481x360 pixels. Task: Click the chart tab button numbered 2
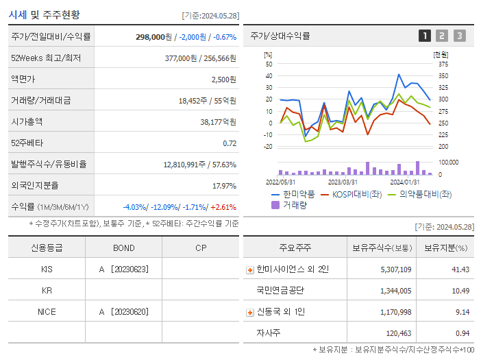442,36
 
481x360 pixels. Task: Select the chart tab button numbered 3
459,36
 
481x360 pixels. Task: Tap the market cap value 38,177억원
218,121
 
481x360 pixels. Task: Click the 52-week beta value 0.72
230,143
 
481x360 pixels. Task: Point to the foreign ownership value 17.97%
224,185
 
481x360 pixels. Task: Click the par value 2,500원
223,79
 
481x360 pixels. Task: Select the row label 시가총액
27,121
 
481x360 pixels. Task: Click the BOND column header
124,248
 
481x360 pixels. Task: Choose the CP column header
201,248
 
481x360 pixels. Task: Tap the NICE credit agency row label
47,311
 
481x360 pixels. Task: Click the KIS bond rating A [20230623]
124,269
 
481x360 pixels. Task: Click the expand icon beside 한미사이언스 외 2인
250,269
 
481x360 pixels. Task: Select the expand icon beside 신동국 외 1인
250,312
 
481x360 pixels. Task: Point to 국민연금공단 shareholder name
281,290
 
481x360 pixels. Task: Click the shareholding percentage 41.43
460,269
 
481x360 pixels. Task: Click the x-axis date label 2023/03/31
343,182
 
